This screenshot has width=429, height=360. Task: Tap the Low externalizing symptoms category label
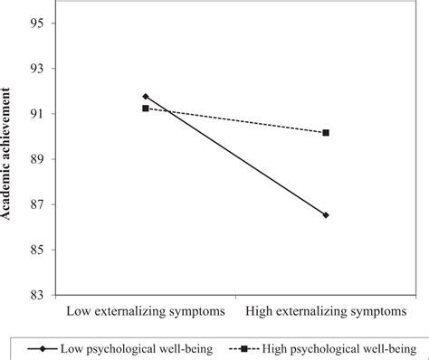(145, 313)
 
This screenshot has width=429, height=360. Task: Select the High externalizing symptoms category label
(326, 313)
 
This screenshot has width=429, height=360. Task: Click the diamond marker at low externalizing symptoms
(146, 97)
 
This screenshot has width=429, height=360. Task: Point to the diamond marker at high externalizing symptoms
(326, 215)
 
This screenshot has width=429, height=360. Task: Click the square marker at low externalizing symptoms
(146, 109)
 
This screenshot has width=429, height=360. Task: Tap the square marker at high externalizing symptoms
(326, 133)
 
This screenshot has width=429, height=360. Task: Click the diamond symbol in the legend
(35, 347)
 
